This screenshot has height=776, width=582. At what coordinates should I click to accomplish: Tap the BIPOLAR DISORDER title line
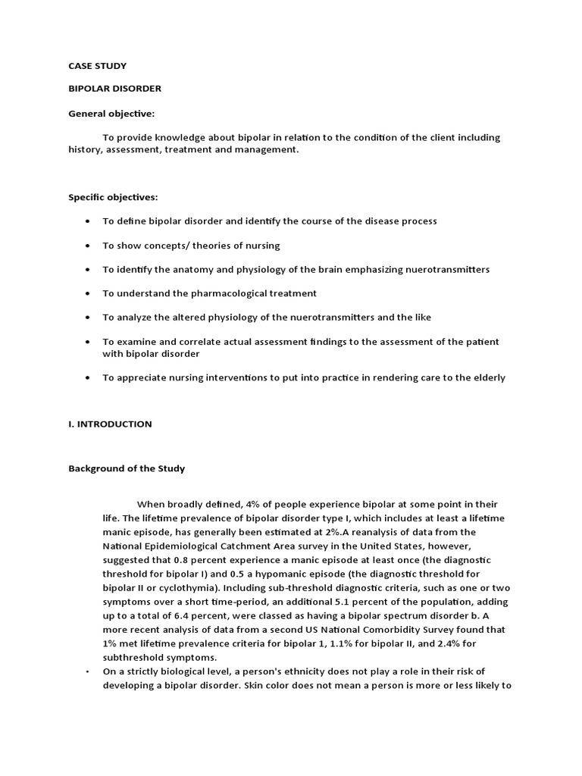pos(114,89)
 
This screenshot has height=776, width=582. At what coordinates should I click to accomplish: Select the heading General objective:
pos(111,114)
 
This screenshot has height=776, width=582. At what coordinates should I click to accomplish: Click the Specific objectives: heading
pos(113,197)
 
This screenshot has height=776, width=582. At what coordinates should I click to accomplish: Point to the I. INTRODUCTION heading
pos(110,424)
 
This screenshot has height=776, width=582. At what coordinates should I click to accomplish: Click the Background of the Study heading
pos(127,468)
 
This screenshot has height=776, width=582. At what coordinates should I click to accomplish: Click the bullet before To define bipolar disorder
pos(87,221)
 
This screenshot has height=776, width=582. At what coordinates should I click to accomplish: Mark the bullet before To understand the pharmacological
pos(87,293)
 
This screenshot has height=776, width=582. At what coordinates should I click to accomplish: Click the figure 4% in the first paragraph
pos(246,504)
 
